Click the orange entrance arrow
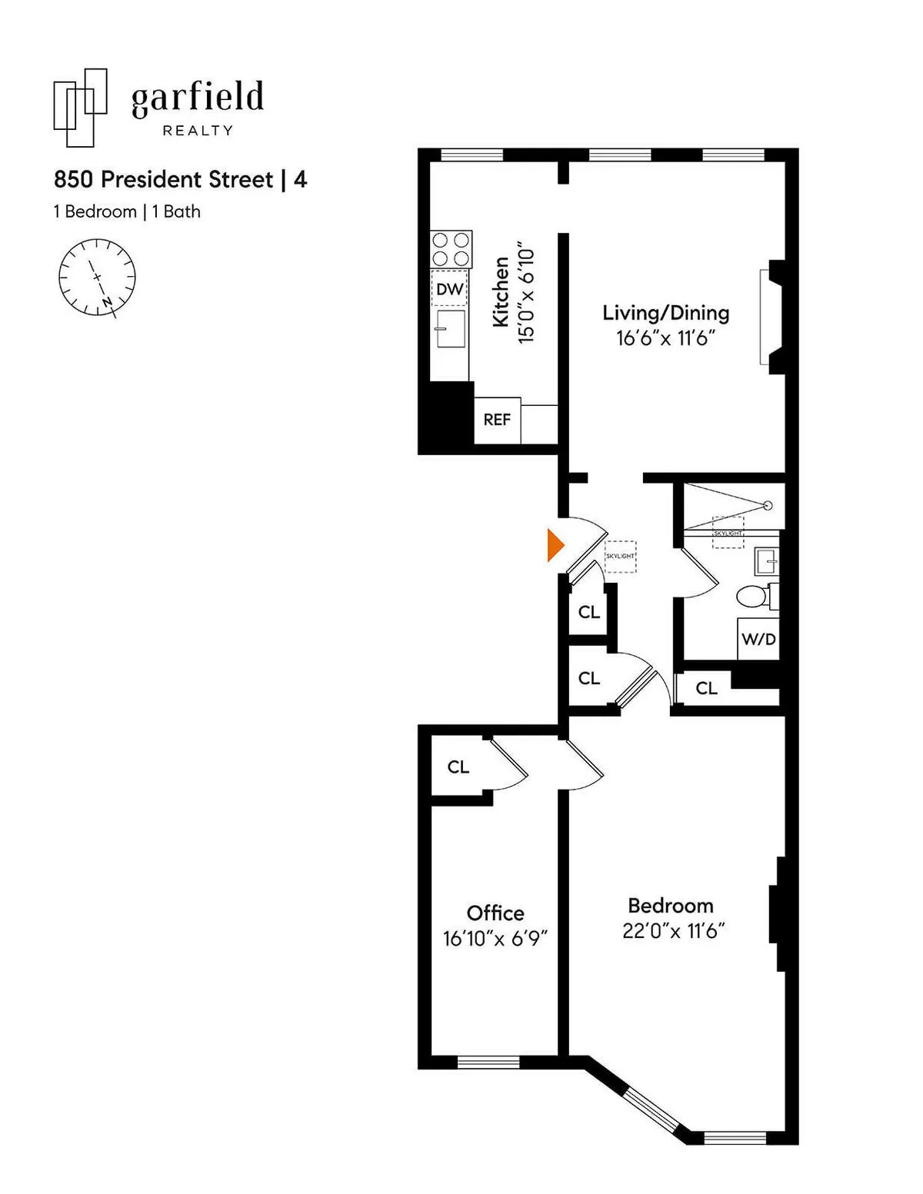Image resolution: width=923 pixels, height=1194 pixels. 555,545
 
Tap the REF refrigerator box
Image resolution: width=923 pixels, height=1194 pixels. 497,420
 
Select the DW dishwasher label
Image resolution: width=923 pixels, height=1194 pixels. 450,289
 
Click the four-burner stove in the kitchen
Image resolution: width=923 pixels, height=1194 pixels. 451,249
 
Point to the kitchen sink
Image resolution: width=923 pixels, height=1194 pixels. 450,328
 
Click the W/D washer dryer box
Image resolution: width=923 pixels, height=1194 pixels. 758,639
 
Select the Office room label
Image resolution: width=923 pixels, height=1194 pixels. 495,913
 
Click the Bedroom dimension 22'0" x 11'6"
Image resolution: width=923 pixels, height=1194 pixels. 674,931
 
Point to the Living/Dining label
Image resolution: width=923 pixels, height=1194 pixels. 665,313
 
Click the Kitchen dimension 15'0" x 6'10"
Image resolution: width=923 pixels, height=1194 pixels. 526,296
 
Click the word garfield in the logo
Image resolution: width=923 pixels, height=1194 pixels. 198,99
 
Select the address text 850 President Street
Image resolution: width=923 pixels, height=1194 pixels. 163,180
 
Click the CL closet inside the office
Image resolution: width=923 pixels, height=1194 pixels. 458,767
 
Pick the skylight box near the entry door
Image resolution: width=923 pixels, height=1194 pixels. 620,557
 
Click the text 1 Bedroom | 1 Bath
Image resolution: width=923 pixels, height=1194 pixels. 127,211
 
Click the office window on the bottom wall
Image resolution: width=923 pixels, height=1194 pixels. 488,1063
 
